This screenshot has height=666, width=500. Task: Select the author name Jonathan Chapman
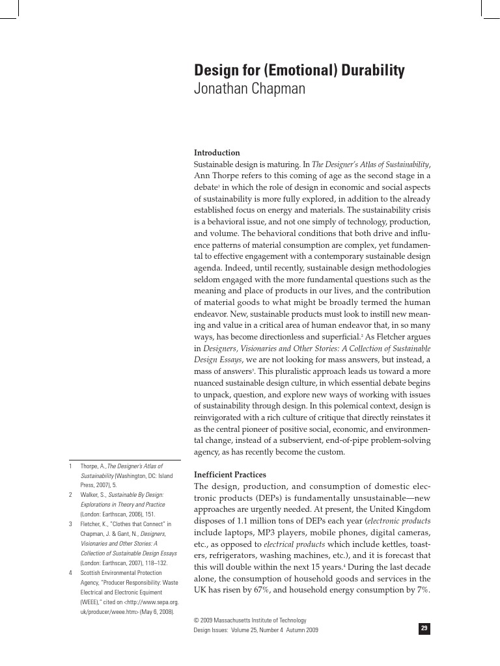[x=249, y=89]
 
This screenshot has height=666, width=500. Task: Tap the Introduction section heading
[x=217, y=153]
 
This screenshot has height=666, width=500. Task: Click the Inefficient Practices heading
[x=230, y=475]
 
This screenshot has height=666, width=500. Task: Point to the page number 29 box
[x=424, y=628]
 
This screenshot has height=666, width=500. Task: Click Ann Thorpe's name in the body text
[x=217, y=176]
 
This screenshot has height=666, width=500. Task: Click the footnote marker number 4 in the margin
[x=70, y=573]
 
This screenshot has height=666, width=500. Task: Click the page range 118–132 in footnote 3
[x=156, y=563]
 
